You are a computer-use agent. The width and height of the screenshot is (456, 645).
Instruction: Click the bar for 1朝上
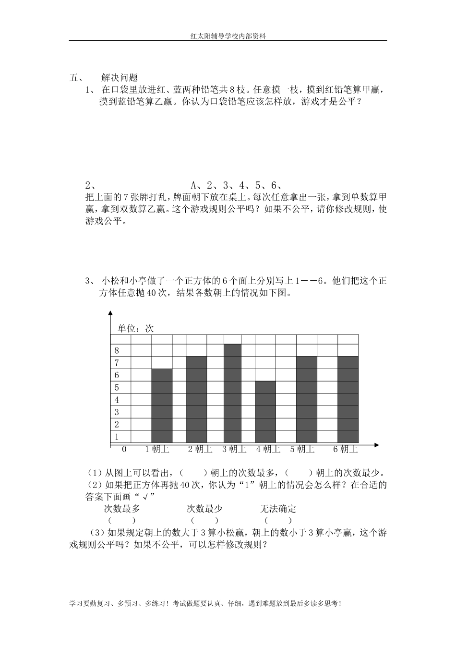tap(162, 406)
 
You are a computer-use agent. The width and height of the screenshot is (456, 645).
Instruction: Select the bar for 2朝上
tap(196, 399)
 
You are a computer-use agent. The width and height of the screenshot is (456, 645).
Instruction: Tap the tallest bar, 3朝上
tap(232, 394)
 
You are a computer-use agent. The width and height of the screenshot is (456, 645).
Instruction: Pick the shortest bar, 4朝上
tap(265, 412)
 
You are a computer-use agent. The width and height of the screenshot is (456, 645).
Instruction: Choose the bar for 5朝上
tap(307, 399)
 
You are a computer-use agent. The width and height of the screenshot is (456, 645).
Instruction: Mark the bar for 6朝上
tap(348, 399)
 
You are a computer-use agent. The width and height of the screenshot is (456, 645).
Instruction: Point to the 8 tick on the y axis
tap(117, 351)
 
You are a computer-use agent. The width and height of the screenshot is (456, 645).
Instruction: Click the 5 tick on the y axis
tap(117, 387)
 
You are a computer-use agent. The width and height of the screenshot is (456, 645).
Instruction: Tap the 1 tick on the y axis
tap(117, 437)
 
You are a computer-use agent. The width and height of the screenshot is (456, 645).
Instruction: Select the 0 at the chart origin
tap(124, 450)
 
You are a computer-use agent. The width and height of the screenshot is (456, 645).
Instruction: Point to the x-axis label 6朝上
tap(346, 450)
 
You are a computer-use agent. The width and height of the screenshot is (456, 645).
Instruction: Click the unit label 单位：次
tap(136, 329)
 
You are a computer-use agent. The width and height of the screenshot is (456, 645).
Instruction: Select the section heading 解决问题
tap(120, 78)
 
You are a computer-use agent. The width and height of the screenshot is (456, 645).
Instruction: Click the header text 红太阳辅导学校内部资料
tap(228, 36)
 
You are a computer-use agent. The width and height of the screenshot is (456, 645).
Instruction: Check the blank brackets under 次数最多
tap(122, 520)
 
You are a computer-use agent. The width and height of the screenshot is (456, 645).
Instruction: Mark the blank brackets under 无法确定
tap(278, 520)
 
